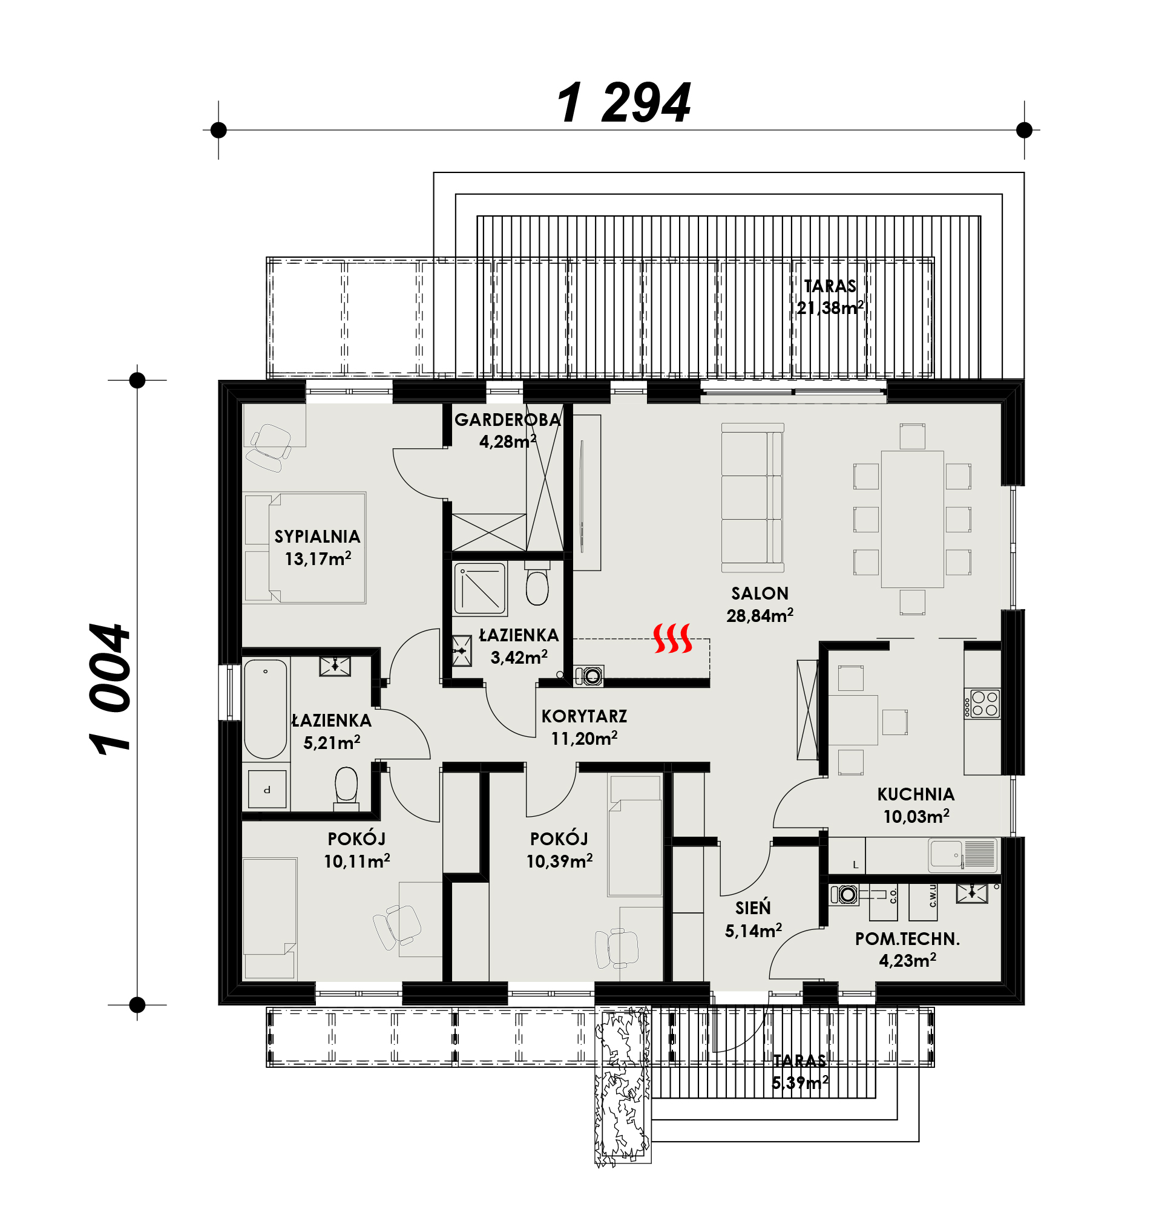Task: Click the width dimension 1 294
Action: [623, 103]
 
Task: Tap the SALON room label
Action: [760, 594]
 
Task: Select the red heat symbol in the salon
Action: [672, 638]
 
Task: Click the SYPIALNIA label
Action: [317, 537]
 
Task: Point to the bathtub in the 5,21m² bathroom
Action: [266, 708]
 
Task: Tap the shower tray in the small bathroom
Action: [481, 589]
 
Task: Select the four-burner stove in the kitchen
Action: [982, 703]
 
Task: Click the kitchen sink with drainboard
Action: [962, 855]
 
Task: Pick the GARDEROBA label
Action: [508, 420]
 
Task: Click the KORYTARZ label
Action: [584, 716]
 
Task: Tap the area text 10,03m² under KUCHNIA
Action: [916, 816]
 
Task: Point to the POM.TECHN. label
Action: [907, 939]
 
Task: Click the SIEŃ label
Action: [753, 907]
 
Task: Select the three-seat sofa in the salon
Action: [753, 497]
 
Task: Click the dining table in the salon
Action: [912, 519]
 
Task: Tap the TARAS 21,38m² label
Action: [830, 297]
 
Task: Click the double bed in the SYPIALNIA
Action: [305, 548]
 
